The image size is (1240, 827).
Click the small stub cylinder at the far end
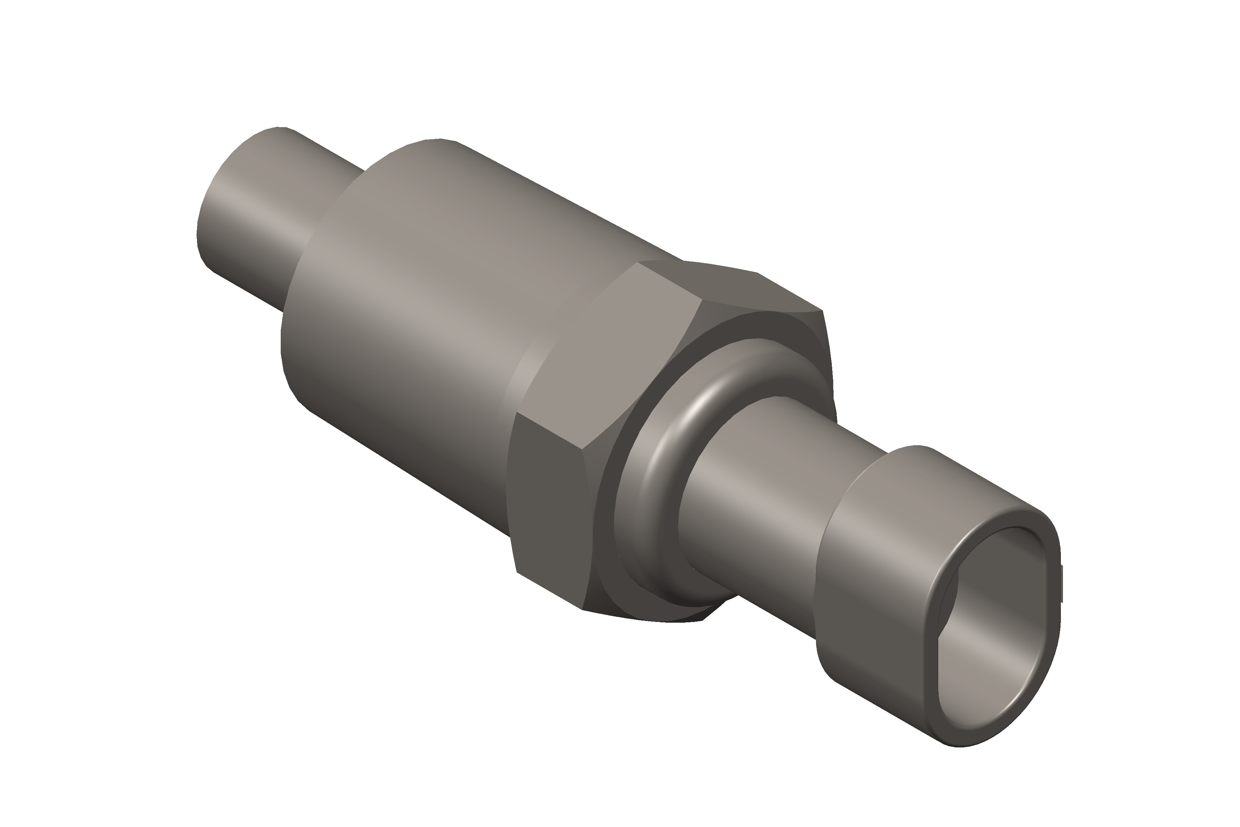(x=253, y=211)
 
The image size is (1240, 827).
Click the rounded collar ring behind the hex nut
(x=654, y=506)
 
